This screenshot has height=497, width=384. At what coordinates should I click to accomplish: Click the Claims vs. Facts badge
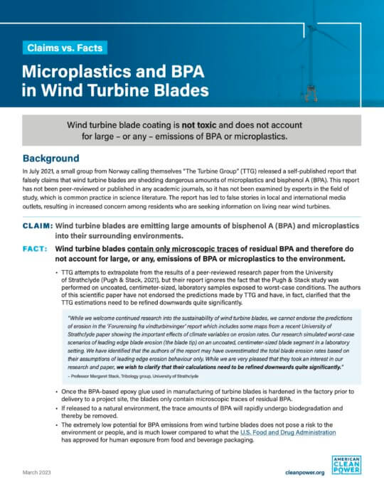click(x=63, y=48)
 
